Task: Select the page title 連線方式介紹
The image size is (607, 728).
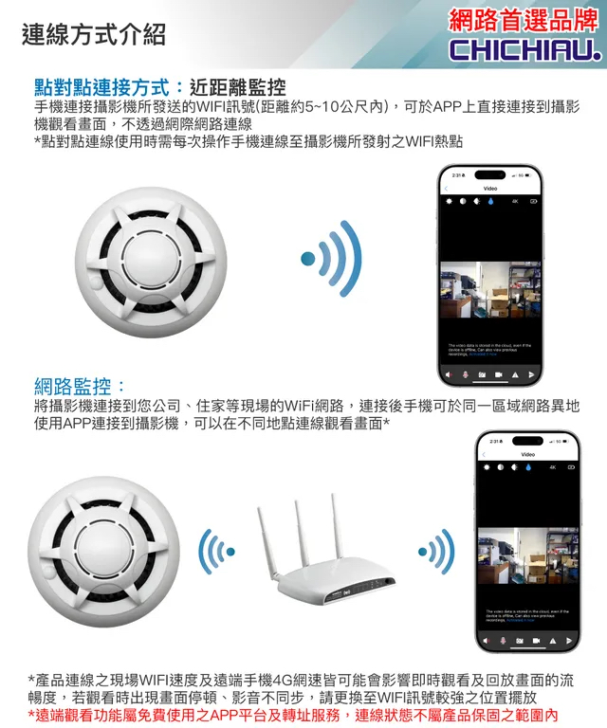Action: click(x=93, y=35)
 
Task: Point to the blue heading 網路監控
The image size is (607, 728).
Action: click(x=80, y=387)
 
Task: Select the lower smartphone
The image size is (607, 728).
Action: click(x=526, y=542)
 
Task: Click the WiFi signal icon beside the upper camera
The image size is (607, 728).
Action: click(x=332, y=258)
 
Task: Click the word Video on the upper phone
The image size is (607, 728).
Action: click(x=490, y=189)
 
